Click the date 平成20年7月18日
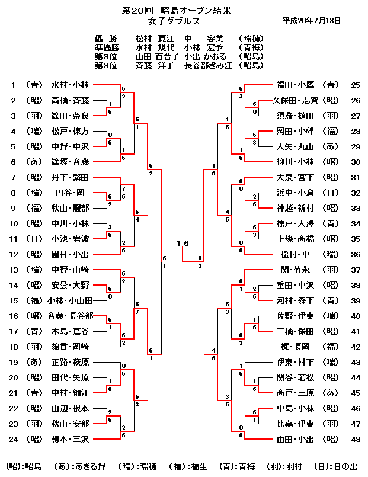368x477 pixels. (312, 20)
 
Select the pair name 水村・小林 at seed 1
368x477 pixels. (70, 85)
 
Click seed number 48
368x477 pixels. (356, 439)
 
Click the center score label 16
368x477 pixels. (183, 244)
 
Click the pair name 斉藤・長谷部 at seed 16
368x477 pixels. (69, 316)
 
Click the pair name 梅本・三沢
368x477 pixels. (70, 439)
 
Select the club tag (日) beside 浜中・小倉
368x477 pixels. (332, 193)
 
